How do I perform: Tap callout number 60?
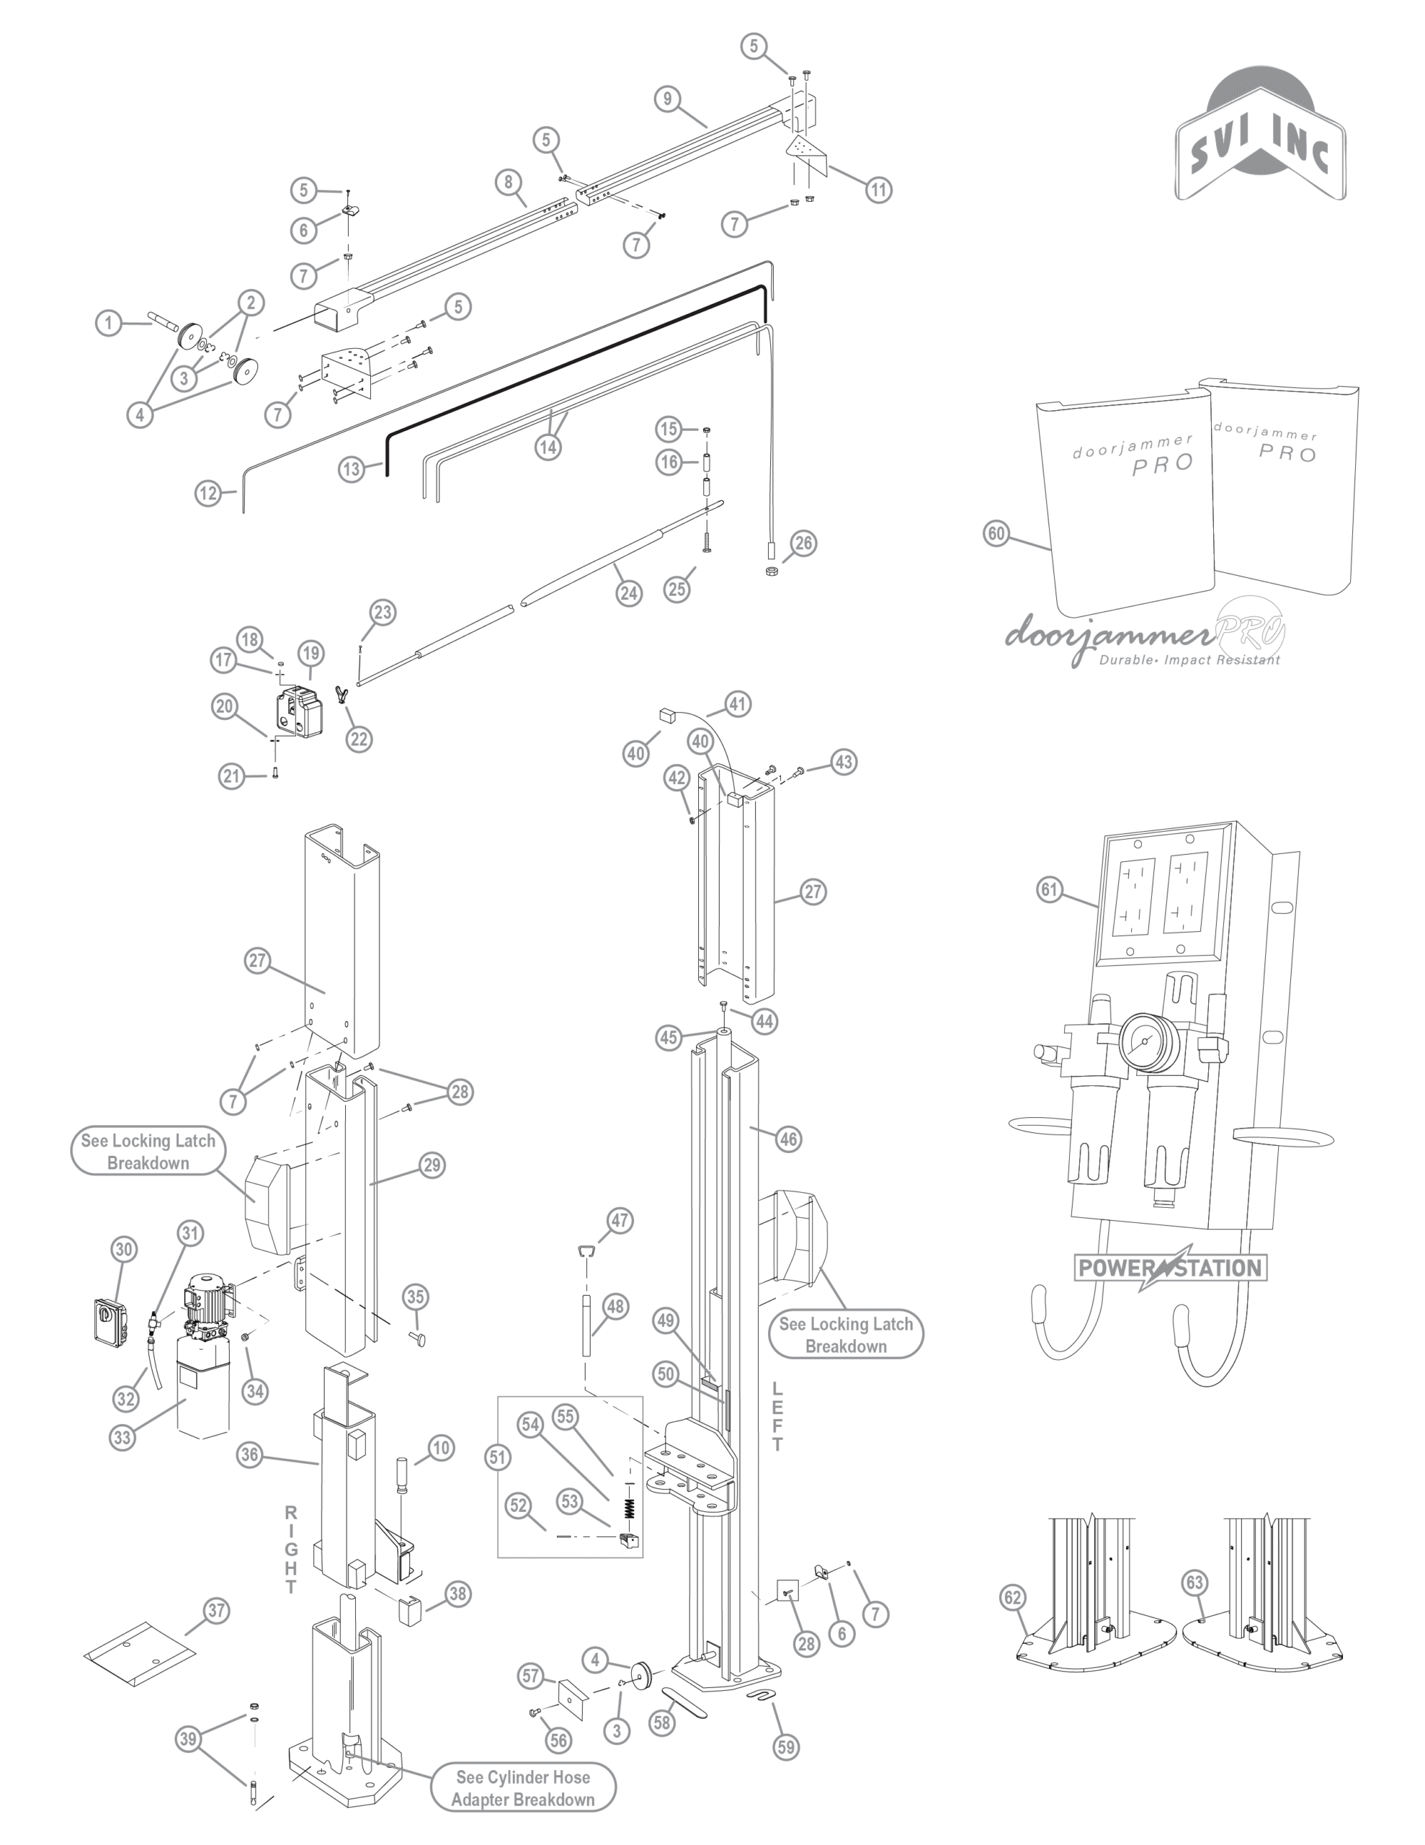pyautogui.click(x=997, y=533)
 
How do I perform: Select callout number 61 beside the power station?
pyautogui.click(x=1049, y=889)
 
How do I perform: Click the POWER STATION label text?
pyautogui.click(x=1170, y=1267)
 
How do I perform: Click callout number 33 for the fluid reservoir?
pyautogui.click(x=123, y=1437)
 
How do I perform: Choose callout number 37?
pyautogui.click(x=216, y=1610)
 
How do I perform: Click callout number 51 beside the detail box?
pyautogui.click(x=499, y=1457)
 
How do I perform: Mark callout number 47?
pyautogui.click(x=620, y=1220)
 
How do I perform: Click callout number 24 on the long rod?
pyautogui.click(x=628, y=593)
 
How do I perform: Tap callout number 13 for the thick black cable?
pyautogui.click(x=352, y=469)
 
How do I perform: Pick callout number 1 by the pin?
pyautogui.click(x=108, y=322)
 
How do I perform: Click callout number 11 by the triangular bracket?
pyautogui.click(x=880, y=190)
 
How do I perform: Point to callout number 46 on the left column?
pyautogui.click(x=788, y=1139)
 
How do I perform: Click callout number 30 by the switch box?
pyautogui.click(x=124, y=1250)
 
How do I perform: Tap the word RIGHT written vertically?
pyautogui.click(x=290, y=1549)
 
